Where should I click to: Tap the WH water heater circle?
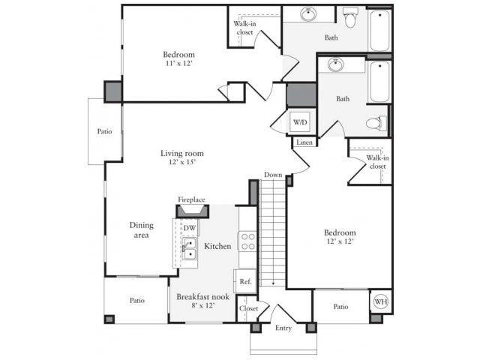pyautogui.click(x=380, y=301)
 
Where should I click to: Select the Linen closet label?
pyautogui.click(x=304, y=142)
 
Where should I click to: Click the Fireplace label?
pyautogui.click(x=191, y=200)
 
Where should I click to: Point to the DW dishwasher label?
pyautogui.click(x=190, y=228)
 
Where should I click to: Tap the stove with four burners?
pyautogui.click(x=247, y=241)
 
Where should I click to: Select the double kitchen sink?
pyautogui.click(x=190, y=248)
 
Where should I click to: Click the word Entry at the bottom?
pyautogui.click(x=283, y=328)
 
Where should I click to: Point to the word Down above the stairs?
pyautogui.click(x=273, y=175)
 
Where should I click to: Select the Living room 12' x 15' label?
pyautogui.click(x=181, y=158)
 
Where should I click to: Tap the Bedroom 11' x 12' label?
pyautogui.click(x=179, y=59)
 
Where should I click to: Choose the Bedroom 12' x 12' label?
pyautogui.click(x=340, y=238)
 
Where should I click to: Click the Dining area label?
pyautogui.click(x=141, y=229)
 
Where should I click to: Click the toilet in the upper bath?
pyautogui.click(x=350, y=16)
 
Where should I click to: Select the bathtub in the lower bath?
pyautogui.click(x=379, y=82)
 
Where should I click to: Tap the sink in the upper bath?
pyautogui.click(x=308, y=14)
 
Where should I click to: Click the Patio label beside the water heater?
pyautogui.click(x=340, y=306)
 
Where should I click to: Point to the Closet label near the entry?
pyautogui.click(x=248, y=308)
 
